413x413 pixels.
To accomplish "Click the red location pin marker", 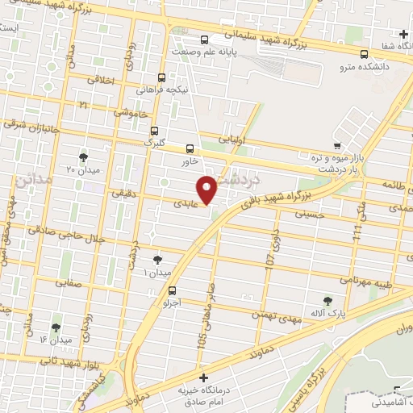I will pos(208,189).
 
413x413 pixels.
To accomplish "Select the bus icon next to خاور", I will pos(190,148).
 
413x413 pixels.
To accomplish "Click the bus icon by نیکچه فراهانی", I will pos(163,78).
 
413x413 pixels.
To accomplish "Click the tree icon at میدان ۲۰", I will pos(84,157).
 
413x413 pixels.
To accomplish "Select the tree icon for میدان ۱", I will pos(157,260).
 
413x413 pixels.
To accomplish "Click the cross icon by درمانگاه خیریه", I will pos(203,378).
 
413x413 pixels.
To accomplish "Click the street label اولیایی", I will pos(244,138).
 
